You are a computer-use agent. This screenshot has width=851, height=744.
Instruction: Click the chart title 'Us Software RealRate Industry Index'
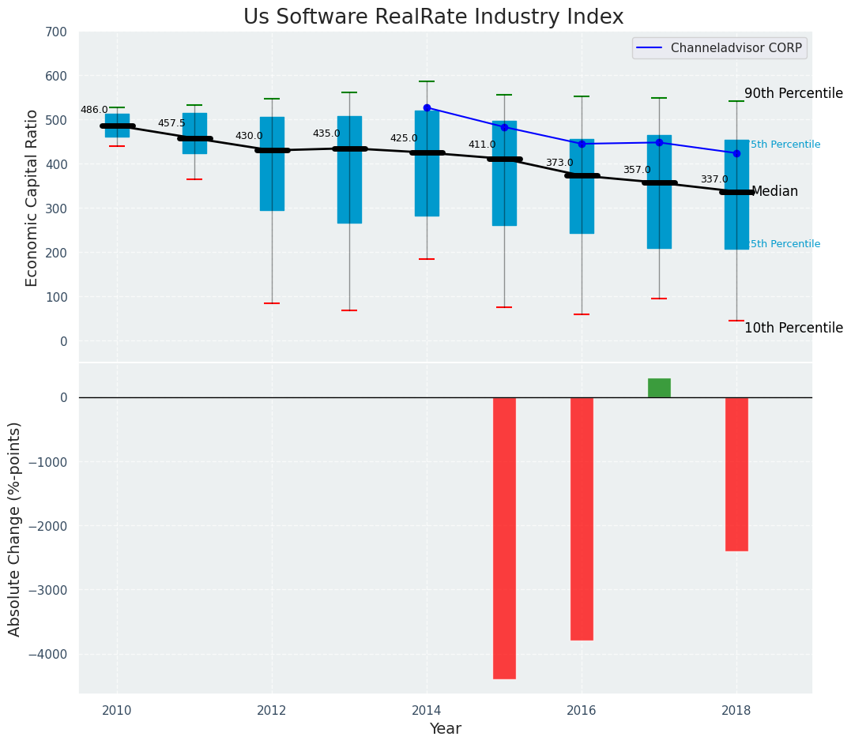pos(433,17)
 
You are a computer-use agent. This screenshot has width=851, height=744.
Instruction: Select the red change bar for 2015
pos(504,537)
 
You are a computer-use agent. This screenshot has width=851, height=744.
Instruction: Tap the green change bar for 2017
pos(659,388)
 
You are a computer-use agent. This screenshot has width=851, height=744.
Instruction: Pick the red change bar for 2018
pos(736,474)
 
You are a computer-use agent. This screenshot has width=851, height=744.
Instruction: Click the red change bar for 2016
pos(582,518)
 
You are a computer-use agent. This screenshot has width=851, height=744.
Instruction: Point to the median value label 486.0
pos(94,110)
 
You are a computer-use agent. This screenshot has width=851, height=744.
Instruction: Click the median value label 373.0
pos(559,163)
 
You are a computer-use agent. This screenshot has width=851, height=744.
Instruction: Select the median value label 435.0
pos(326,133)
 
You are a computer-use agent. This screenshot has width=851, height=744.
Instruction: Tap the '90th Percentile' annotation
pos(793,93)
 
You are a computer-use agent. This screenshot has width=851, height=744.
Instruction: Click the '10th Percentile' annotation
pos(793,328)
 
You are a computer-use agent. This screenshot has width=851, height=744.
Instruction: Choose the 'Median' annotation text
pos(774,192)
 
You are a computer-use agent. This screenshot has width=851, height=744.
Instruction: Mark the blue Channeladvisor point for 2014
pos(427,107)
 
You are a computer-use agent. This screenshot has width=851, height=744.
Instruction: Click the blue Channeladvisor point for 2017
pos(659,142)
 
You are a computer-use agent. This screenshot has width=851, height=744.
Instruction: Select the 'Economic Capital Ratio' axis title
pos(32,197)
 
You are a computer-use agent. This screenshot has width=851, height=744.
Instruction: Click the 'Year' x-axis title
pos(445,729)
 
